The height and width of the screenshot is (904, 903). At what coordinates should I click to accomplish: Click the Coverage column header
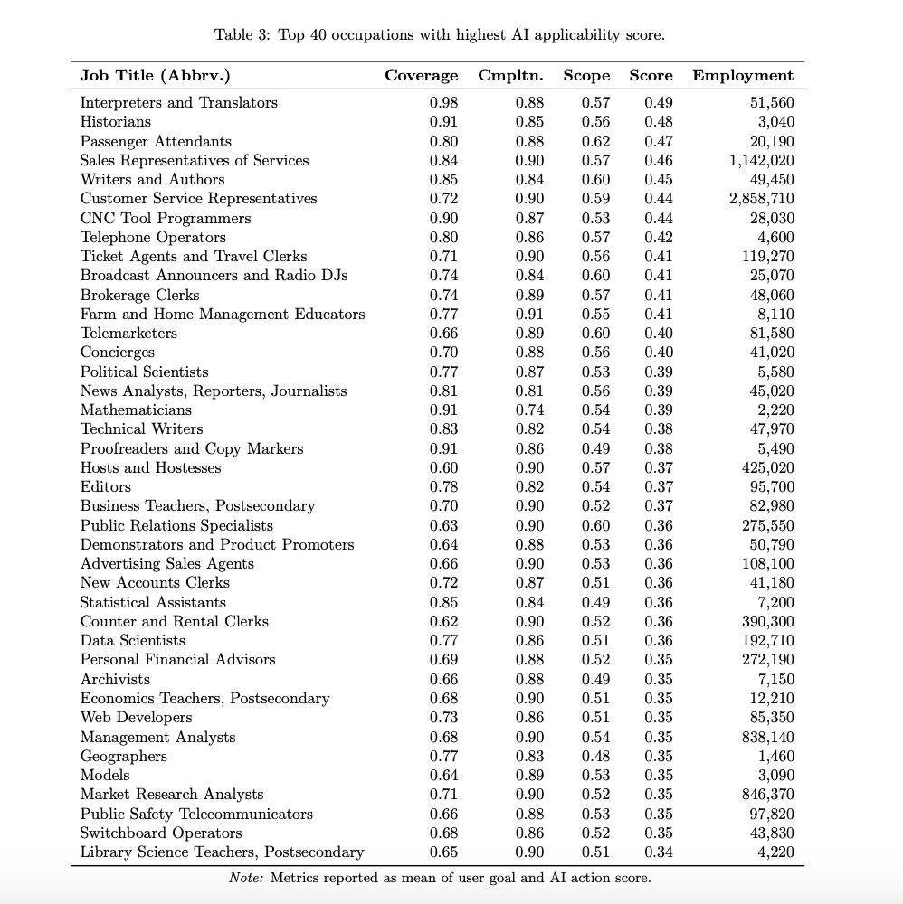(x=421, y=76)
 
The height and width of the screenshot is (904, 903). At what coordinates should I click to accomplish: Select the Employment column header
(x=743, y=76)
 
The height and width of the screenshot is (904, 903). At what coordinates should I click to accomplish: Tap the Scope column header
(x=586, y=76)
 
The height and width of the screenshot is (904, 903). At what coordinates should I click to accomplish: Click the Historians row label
(x=116, y=121)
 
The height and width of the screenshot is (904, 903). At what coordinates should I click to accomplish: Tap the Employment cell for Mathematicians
(x=775, y=410)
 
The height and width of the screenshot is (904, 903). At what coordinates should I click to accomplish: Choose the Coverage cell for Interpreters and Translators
(x=443, y=102)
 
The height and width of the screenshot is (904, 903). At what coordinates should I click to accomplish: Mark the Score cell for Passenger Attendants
(x=659, y=141)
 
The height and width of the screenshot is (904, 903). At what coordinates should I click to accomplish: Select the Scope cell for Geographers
(x=595, y=756)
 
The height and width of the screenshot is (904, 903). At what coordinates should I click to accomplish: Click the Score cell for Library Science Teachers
(x=659, y=852)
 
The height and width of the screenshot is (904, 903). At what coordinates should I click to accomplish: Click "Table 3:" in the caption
(x=242, y=35)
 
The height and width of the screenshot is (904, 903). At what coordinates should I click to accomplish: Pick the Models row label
(x=105, y=775)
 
